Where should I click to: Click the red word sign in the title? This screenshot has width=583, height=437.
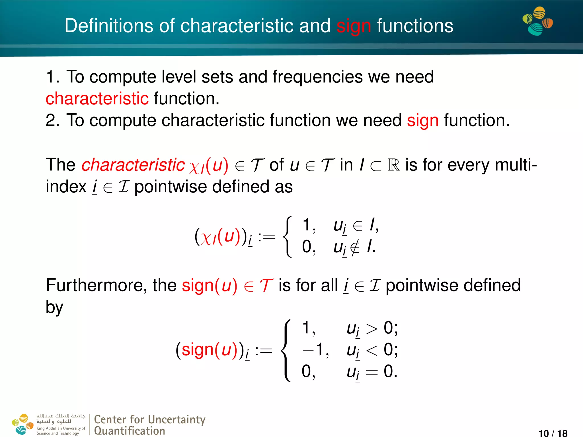tap(354, 26)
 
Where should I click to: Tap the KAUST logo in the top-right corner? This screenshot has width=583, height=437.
tap(537, 21)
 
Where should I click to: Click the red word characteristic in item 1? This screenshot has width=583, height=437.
tap(97, 99)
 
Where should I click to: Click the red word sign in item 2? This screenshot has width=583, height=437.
tap(422, 120)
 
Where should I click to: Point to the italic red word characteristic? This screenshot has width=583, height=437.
tap(133, 165)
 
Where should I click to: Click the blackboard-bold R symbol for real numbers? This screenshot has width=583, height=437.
tap(394, 165)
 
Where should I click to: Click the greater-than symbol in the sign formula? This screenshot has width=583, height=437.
tap(371, 329)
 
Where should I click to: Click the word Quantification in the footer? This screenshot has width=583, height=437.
tap(130, 431)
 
